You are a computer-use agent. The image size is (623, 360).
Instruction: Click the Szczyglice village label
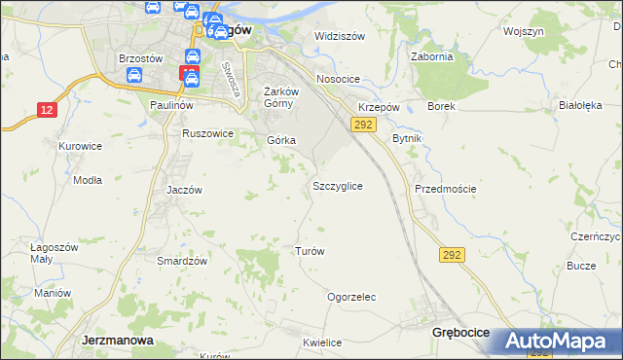(338, 185)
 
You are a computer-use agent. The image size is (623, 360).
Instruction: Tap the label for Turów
(309, 251)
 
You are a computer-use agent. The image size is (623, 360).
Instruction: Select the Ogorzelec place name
(351, 297)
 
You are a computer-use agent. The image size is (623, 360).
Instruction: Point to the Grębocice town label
(459, 333)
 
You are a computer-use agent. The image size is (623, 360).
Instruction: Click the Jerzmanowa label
(115, 341)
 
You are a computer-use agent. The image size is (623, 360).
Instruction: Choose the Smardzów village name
(182, 261)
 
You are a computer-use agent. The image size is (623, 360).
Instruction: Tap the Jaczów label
(184, 190)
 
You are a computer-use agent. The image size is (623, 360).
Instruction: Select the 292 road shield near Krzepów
(363, 125)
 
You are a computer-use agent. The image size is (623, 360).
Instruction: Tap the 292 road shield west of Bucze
(452, 255)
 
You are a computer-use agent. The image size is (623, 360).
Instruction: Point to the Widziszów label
(339, 36)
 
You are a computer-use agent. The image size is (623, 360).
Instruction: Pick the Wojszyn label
(523, 31)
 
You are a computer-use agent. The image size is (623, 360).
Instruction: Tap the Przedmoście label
(445, 189)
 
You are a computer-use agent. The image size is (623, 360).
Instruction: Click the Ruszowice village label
(208, 133)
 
